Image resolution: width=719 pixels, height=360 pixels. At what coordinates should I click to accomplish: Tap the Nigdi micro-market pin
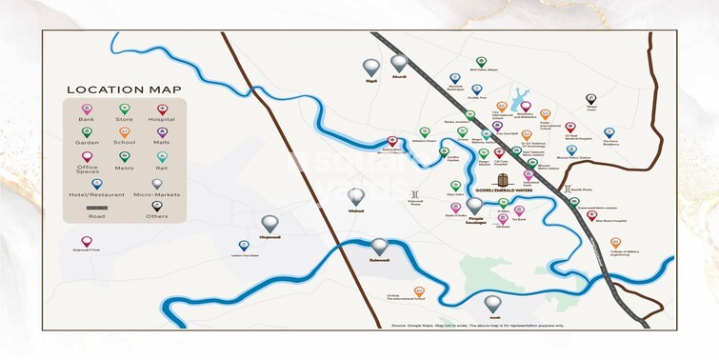pos(370,67)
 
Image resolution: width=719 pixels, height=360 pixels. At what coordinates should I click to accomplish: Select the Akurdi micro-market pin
pos(399,63)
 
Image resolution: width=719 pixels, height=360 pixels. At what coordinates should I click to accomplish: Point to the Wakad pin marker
pos(356,196)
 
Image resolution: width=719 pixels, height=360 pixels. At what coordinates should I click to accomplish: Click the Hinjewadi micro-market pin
pos(270,223)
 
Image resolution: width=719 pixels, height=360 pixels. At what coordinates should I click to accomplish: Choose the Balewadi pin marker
pos(380,247)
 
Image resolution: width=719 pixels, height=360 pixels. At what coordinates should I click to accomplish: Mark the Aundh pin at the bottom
pos(493,304)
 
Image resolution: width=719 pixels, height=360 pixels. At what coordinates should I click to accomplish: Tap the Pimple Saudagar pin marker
pos(474,205)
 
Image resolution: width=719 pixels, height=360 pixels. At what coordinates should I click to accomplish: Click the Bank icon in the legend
pos(88,110)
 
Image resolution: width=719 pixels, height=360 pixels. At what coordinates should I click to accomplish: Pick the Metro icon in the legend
pos(125,157)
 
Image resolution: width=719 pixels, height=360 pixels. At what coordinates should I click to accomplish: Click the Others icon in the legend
pos(158,207)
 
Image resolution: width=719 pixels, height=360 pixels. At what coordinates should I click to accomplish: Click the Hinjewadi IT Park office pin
pos(87,242)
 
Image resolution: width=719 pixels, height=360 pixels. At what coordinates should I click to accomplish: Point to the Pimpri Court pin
pos(590,99)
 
